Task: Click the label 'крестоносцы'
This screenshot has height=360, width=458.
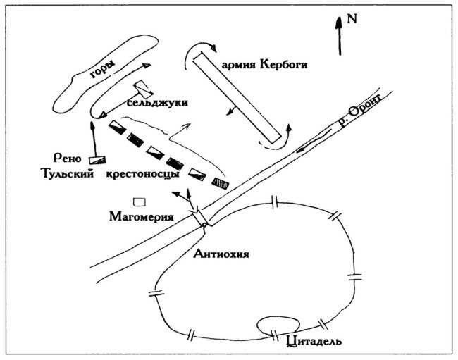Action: [x=147, y=174]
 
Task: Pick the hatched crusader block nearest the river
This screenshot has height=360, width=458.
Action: [x=221, y=182]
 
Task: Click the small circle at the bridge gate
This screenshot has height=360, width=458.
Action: [x=203, y=225]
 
